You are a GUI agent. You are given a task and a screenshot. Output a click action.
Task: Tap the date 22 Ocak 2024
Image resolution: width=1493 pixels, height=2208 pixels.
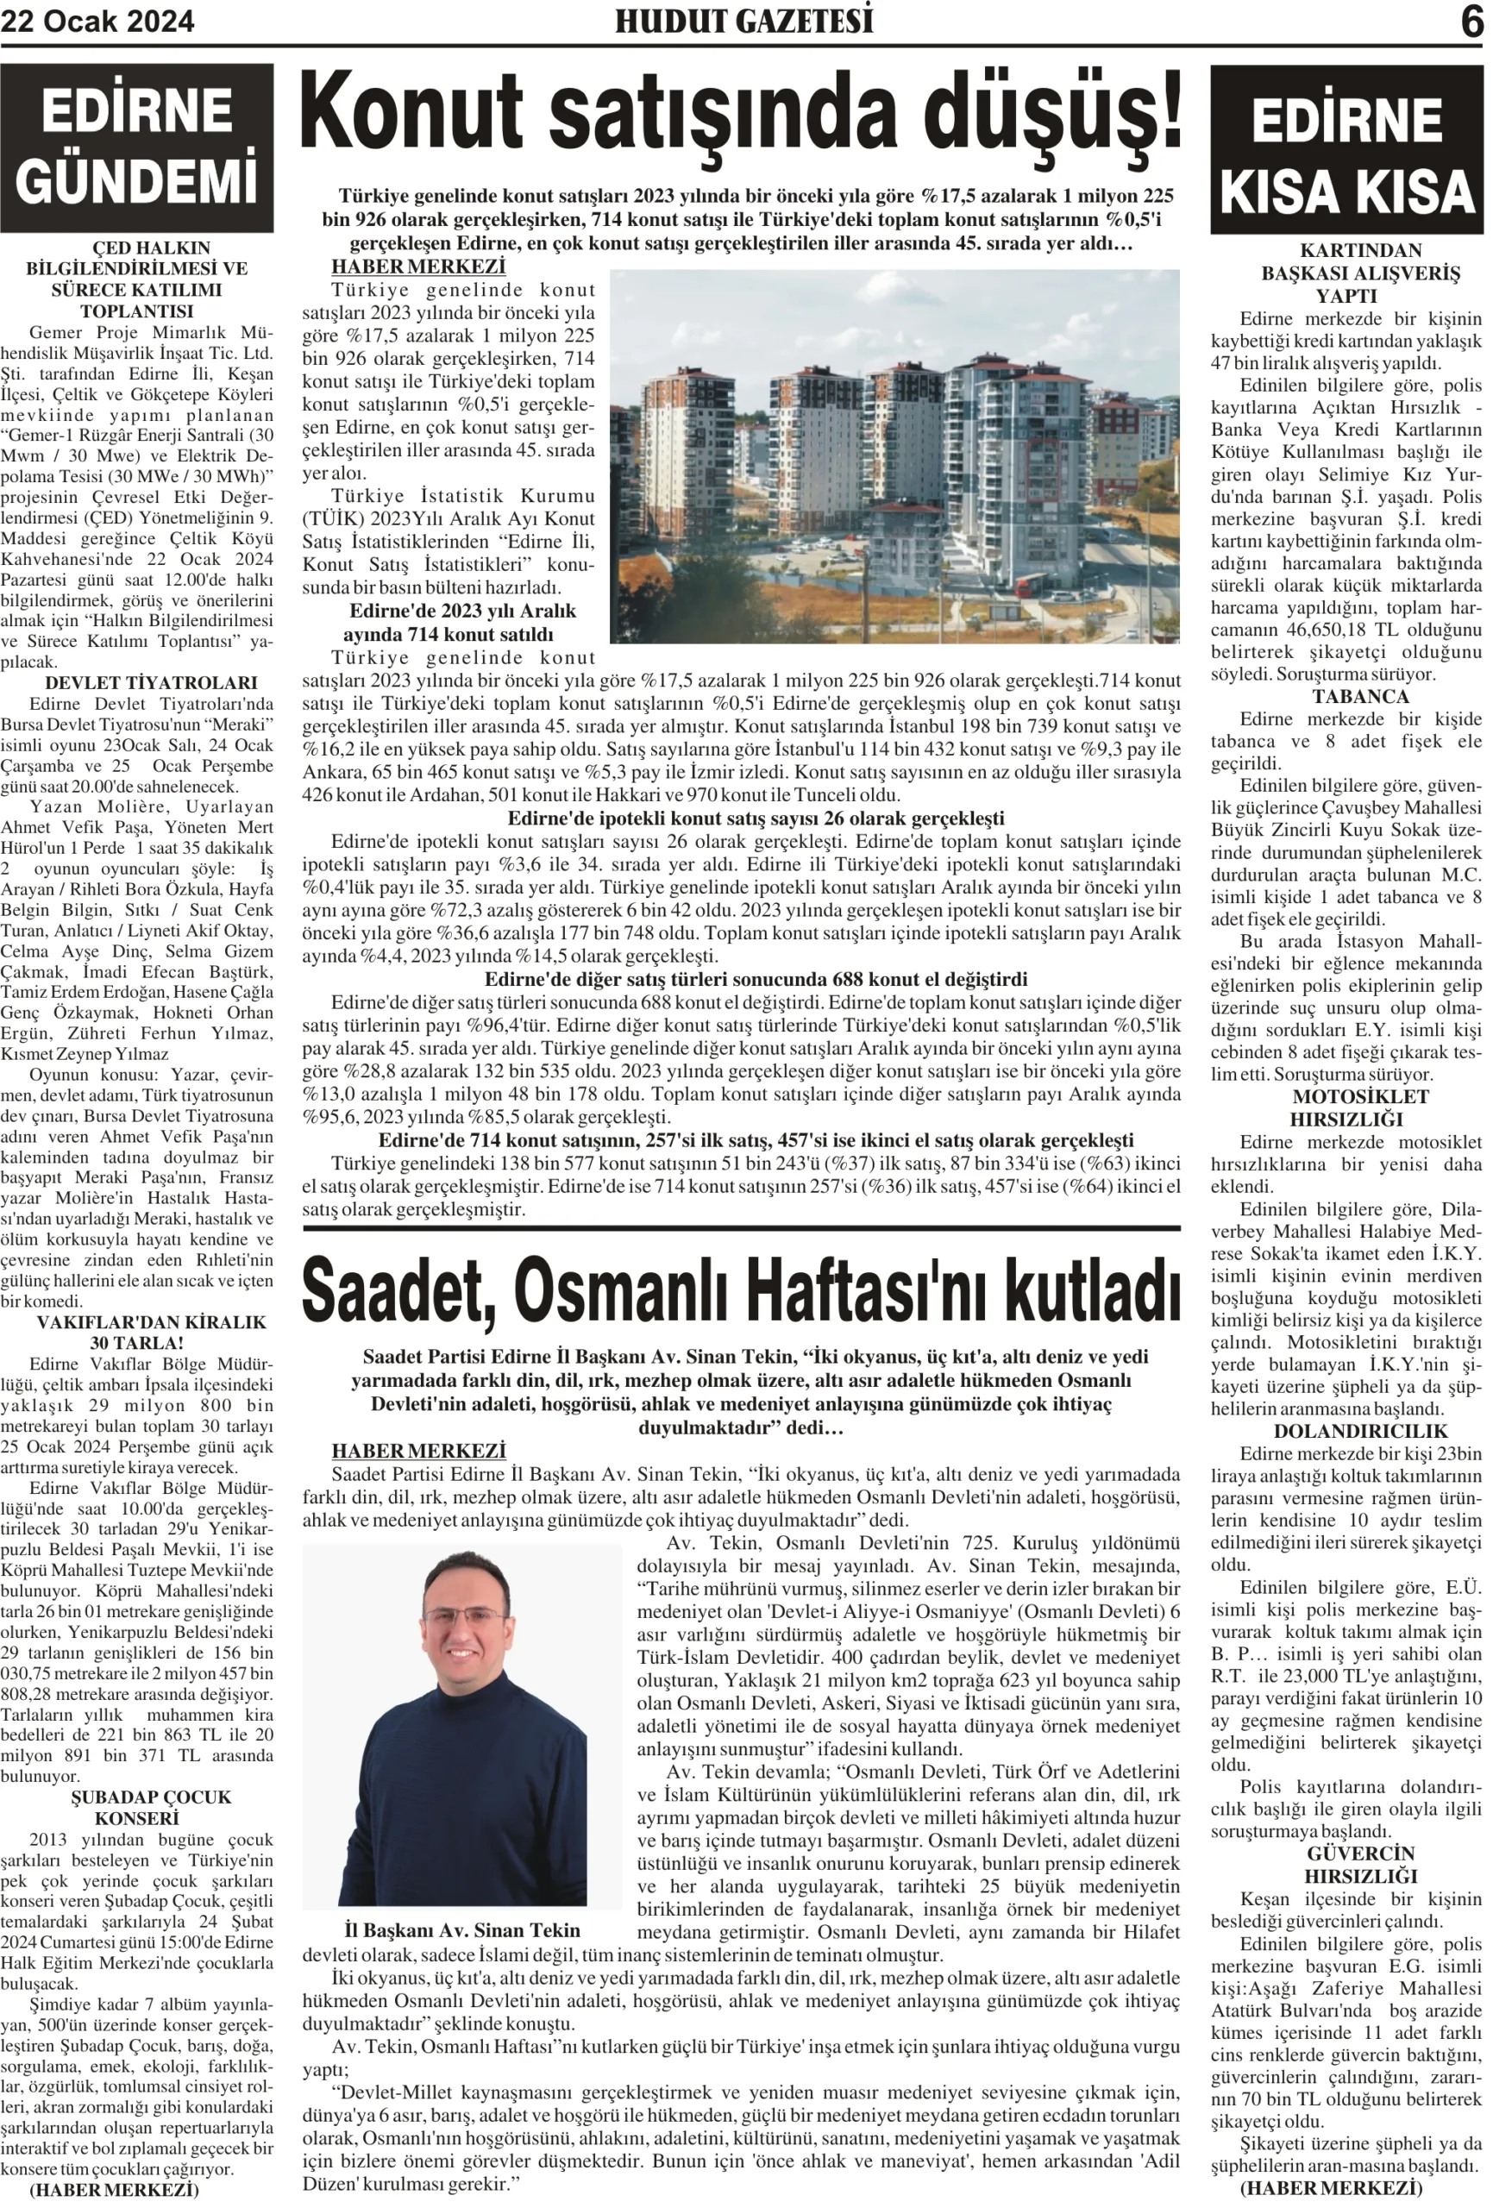pyautogui.click(x=97, y=21)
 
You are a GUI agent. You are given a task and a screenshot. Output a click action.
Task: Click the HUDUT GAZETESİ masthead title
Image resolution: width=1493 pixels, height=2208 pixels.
pyautogui.click(x=743, y=21)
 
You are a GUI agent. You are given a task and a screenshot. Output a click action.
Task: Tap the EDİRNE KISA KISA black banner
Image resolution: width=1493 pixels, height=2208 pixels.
pyautogui.click(x=1346, y=152)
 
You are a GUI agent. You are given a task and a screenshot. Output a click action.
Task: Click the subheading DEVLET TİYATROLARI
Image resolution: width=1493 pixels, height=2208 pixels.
pyautogui.click(x=138, y=682)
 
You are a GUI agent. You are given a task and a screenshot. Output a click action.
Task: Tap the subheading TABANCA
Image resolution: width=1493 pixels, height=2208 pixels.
pyautogui.click(x=1346, y=695)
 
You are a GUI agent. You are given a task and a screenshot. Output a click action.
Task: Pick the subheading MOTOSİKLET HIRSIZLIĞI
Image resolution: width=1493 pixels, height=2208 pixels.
pyautogui.click(x=1346, y=1107)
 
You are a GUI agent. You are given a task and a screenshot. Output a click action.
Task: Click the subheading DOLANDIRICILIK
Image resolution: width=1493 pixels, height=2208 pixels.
pyautogui.click(x=1346, y=1431)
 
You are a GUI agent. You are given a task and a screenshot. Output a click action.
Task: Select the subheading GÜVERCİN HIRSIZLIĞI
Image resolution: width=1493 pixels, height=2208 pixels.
pyautogui.click(x=1346, y=1864)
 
